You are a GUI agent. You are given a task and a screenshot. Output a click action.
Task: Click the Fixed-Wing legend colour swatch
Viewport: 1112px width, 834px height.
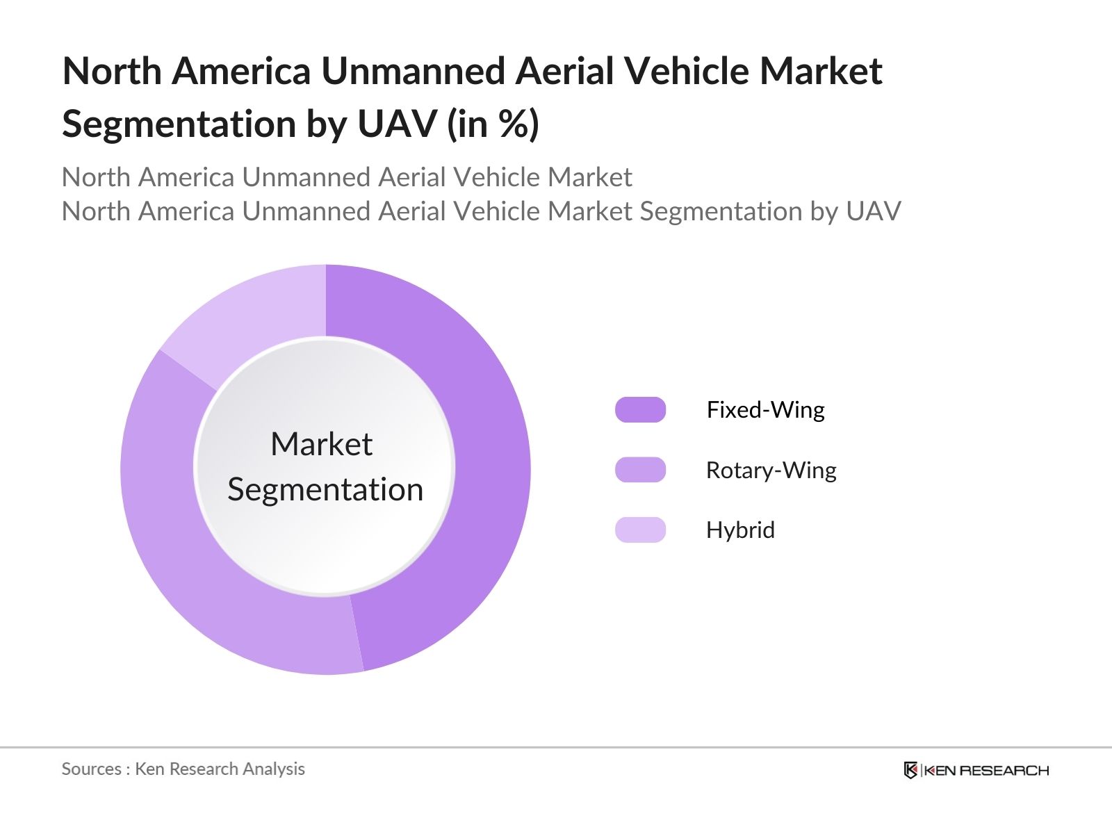point(640,410)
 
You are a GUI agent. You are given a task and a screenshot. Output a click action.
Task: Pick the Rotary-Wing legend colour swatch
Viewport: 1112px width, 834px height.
point(640,470)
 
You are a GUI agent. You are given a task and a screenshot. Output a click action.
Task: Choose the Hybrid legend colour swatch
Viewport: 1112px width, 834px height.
point(640,530)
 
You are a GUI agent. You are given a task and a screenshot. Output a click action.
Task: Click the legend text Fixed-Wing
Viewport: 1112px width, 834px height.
point(765,410)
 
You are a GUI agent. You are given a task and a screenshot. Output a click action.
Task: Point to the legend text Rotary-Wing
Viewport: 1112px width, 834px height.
point(771,471)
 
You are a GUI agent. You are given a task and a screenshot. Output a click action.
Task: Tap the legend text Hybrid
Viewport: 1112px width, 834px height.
point(740,530)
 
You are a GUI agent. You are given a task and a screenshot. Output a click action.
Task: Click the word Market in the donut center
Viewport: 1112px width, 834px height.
point(321,444)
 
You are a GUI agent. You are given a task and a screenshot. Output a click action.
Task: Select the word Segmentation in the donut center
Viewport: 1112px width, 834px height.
point(325,489)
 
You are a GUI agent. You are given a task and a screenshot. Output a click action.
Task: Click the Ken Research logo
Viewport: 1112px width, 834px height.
point(976,770)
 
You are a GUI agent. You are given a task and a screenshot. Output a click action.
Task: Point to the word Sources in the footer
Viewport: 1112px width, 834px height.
point(91,769)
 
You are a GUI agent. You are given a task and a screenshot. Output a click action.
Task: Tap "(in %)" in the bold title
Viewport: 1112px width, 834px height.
point(493,124)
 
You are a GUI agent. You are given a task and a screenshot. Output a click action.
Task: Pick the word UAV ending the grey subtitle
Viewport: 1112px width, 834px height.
point(873,211)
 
